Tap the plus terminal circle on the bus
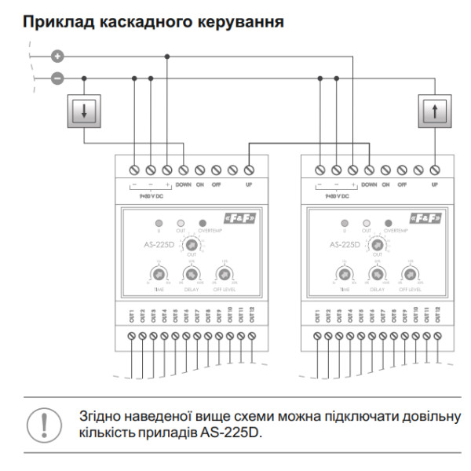click(x=57, y=56)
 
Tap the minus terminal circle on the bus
click(x=57, y=78)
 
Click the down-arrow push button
click(x=83, y=110)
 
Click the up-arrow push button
click(x=434, y=110)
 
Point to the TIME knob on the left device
click(x=157, y=275)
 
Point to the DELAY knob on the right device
click(x=377, y=275)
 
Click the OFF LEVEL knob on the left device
click(x=225, y=275)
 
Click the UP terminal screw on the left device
click(x=250, y=170)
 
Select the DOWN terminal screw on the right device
click(x=369, y=170)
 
